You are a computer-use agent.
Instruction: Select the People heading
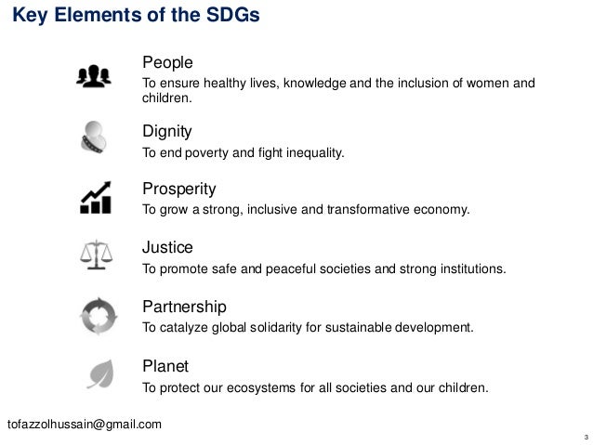point(166,63)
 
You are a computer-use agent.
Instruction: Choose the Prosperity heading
point(178,189)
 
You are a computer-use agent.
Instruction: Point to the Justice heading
point(167,248)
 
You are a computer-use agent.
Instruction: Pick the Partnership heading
point(184,307)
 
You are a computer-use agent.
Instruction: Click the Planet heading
point(165,365)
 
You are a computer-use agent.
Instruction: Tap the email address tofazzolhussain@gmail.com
point(84,425)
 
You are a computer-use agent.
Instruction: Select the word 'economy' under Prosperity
point(444,211)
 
